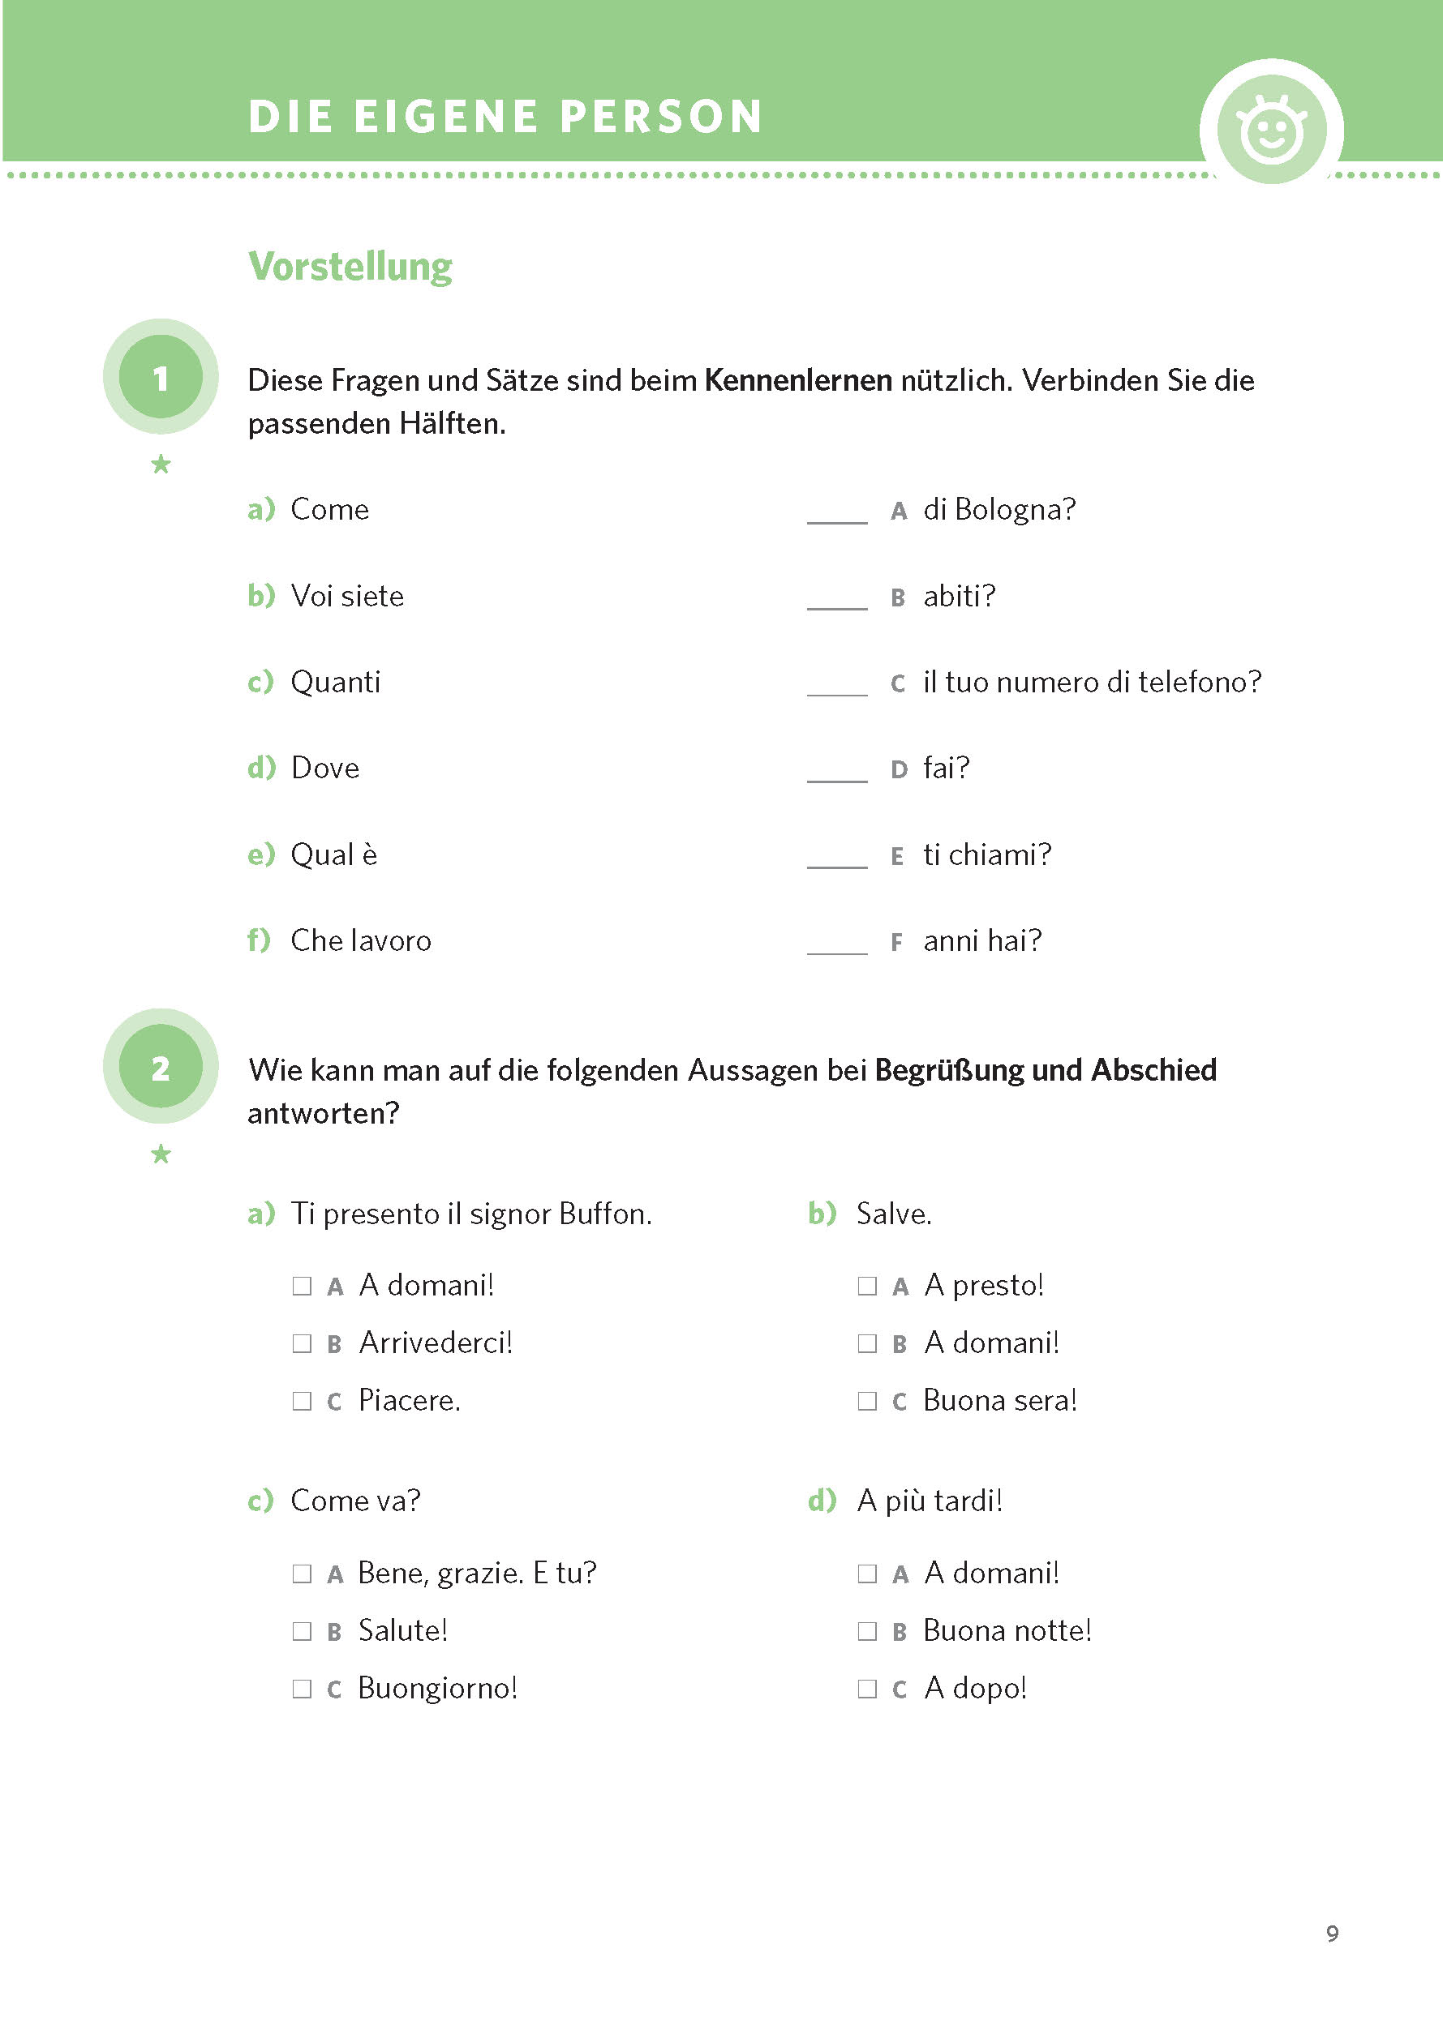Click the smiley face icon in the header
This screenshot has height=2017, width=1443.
point(1272,131)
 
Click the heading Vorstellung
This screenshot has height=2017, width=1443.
point(350,267)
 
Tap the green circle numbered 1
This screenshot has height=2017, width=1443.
point(161,378)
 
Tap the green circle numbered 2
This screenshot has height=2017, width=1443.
point(161,1067)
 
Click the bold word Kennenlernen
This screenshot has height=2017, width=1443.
point(798,380)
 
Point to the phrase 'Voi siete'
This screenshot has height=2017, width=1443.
point(347,596)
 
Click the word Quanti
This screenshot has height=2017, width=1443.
point(336,682)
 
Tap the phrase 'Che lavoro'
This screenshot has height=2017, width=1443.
point(361,940)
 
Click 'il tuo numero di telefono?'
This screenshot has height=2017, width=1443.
point(1092,682)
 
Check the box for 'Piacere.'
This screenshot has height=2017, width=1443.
point(302,1402)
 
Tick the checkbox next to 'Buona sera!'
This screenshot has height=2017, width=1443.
point(867,1402)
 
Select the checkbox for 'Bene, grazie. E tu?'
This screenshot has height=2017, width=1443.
point(302,1574)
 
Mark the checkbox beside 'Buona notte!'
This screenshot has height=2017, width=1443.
point(867,1632)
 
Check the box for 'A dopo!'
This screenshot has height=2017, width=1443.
point(867,1689)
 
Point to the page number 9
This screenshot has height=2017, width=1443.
point(1332,1933)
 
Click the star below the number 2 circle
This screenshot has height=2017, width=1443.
point(161,1154)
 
